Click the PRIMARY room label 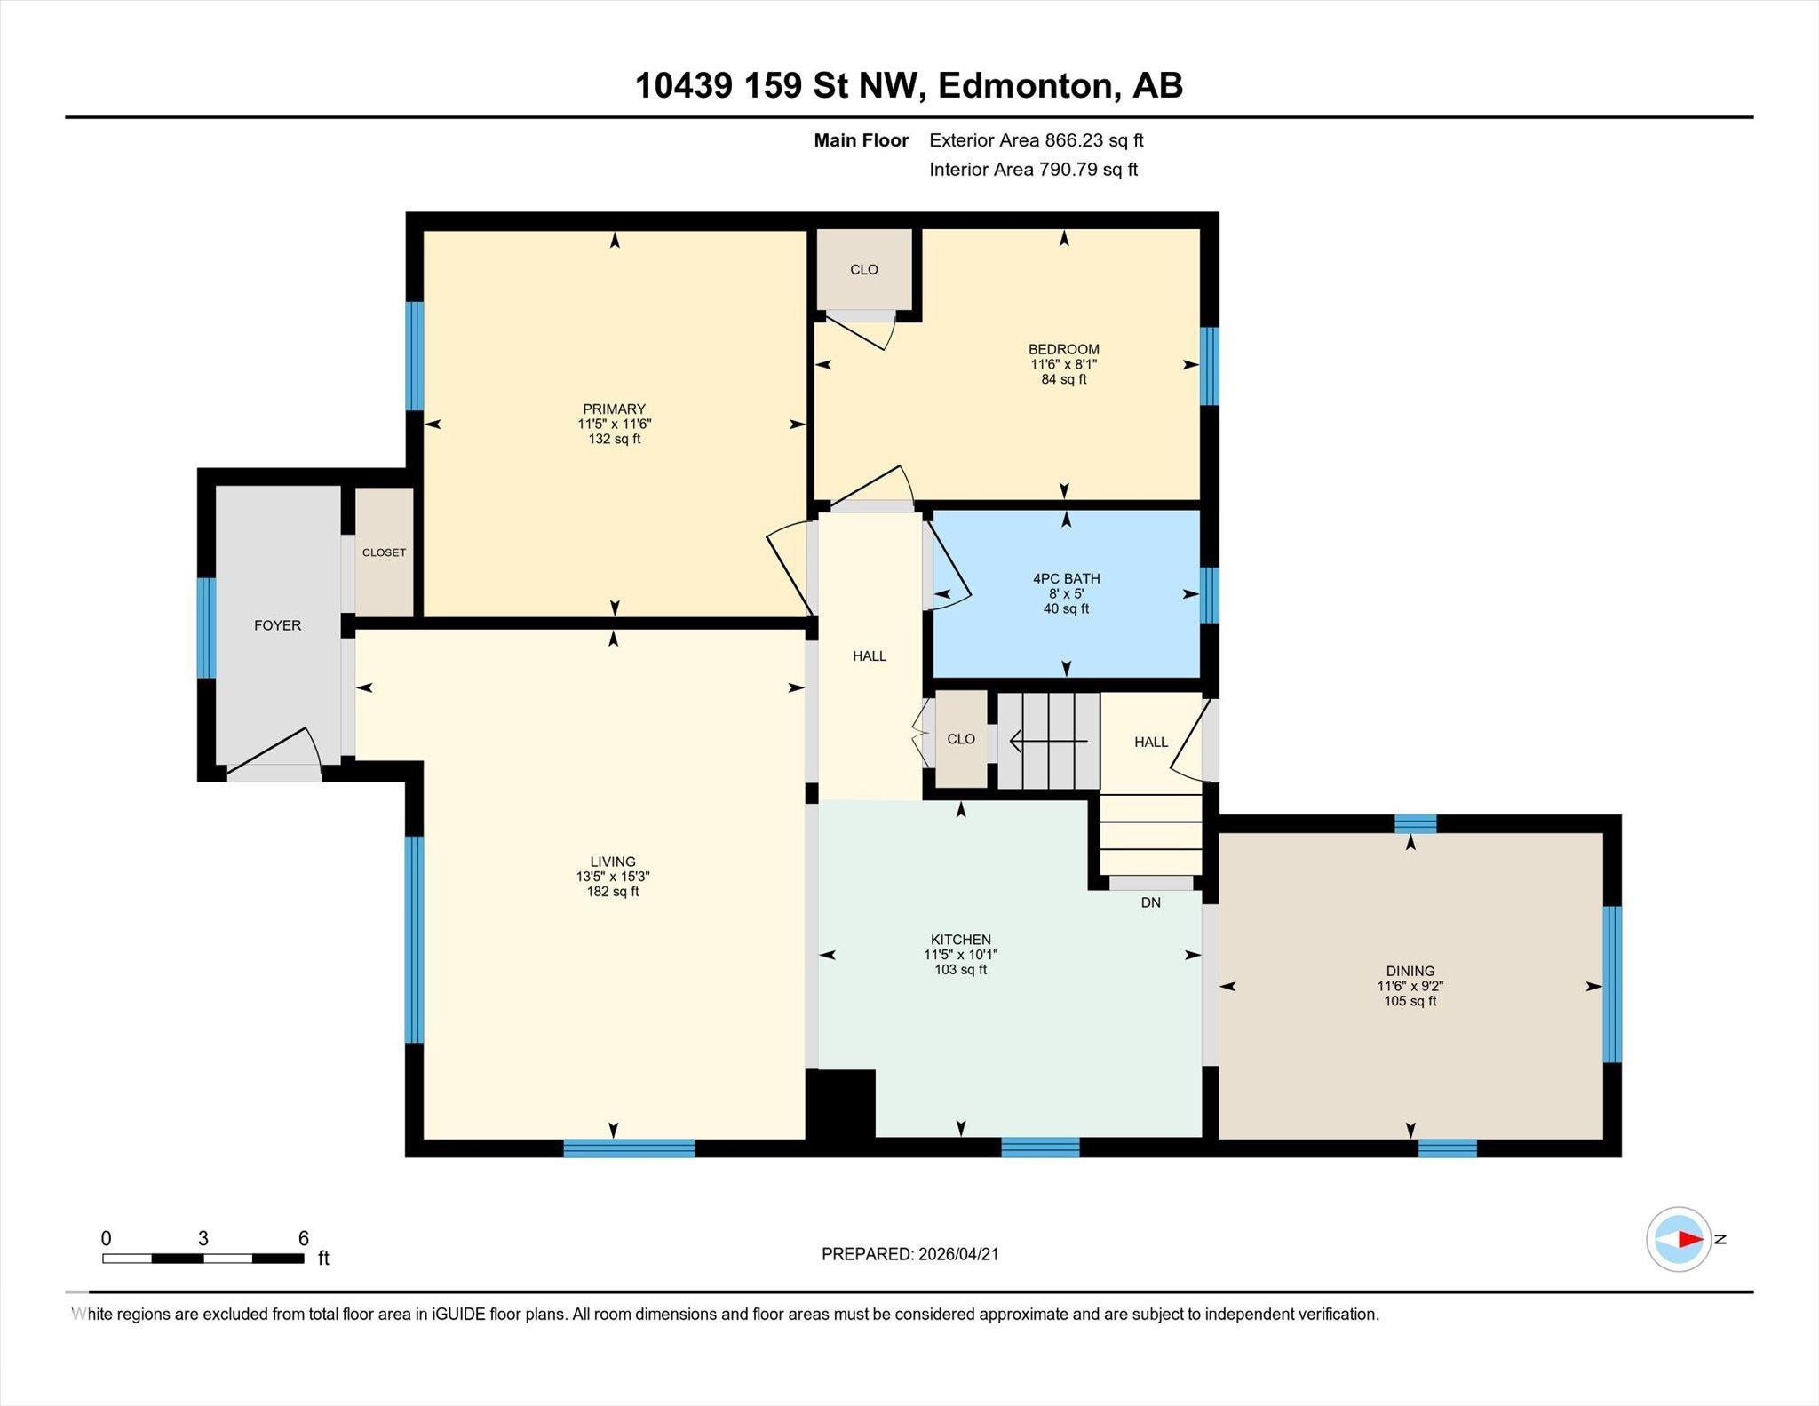614,409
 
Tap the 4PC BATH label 1066,578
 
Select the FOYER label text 277,625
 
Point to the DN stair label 1150,902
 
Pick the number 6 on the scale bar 303,1238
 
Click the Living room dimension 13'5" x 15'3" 613,877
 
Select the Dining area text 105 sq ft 1410,1001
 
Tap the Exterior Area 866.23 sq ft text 1036,140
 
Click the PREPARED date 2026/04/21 957,1254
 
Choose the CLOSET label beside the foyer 384,552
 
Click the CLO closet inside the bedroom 863,270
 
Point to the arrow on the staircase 1048,741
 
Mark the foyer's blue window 206,627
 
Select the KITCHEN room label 960,940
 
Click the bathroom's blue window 1209,595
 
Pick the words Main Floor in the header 861,140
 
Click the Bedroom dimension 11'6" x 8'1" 1063,364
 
